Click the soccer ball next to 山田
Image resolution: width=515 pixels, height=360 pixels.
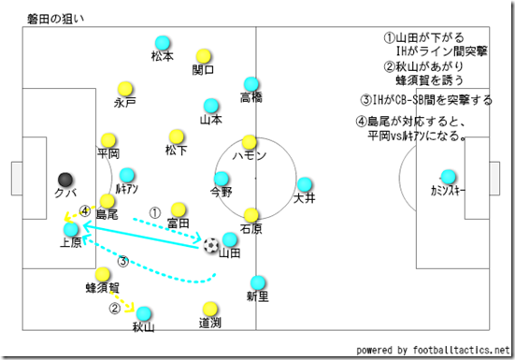pyautogui.click(x=211, y=245)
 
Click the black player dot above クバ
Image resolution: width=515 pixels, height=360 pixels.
pyautogui.click(x=64, y=179)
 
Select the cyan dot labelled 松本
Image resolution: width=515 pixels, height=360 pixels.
pyautogui.click(x=162, y=42)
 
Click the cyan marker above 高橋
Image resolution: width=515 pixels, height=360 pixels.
pyautogui.click(x=250, y=84)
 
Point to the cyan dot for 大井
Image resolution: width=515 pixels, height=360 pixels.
pyautogui.click(x=304, y=184)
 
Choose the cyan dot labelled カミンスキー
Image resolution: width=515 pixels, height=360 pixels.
pyautogui.click(x=449, y=176)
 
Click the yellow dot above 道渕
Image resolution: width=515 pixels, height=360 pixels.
pyautogui.click(x=209, y=308)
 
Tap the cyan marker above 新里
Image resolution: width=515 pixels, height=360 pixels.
pyautogui.click(x=257, y=281)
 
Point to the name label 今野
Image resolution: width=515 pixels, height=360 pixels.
pyautogui.click(x=221, y=192)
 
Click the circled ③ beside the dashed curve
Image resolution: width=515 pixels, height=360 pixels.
pyautogui.click(x=122, y=261)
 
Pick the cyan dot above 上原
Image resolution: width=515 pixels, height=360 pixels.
pyautogui.click(x=71, y=229)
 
